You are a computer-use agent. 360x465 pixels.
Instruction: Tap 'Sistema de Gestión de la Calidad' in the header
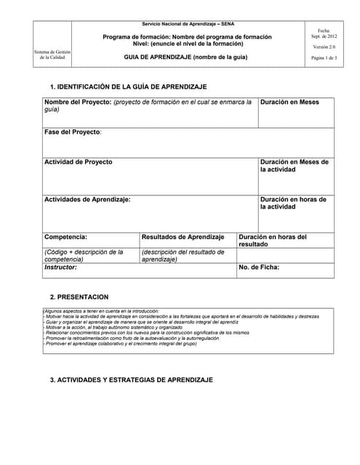click(x=52, y=55)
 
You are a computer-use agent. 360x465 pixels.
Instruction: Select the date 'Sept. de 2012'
click(x=324, y=36)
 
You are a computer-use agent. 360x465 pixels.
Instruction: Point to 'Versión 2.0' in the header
click(x=324, y=46)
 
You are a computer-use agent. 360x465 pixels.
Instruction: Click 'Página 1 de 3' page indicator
click(x=324, y=57)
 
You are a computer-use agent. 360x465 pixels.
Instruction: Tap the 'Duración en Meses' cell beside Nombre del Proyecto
click(x=289, y=102)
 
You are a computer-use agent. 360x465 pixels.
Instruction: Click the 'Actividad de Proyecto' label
click(x=79, y=162)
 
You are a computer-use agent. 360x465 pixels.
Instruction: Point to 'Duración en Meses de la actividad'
click(x=295, y=166)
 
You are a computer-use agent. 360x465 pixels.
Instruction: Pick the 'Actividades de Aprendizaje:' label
click(x=87, y=199)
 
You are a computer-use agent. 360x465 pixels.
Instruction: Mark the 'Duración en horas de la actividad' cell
click(x=293, y=203)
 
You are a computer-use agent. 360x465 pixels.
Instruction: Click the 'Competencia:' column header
click(x=66, y=237)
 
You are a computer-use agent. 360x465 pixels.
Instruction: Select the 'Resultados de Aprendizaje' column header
click(x=183, y=237)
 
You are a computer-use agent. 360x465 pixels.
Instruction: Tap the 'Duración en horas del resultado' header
click(x=273, y=240)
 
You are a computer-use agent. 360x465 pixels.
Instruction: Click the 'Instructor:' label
click(x=61, y=267)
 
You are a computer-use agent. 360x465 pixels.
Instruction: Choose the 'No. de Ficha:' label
click(x=259, y=267)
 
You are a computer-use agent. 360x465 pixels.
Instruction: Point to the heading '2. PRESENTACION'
click(x=79, y=297)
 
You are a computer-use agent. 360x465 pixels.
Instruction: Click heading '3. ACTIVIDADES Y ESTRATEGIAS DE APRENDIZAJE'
click(x=131, y=380)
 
